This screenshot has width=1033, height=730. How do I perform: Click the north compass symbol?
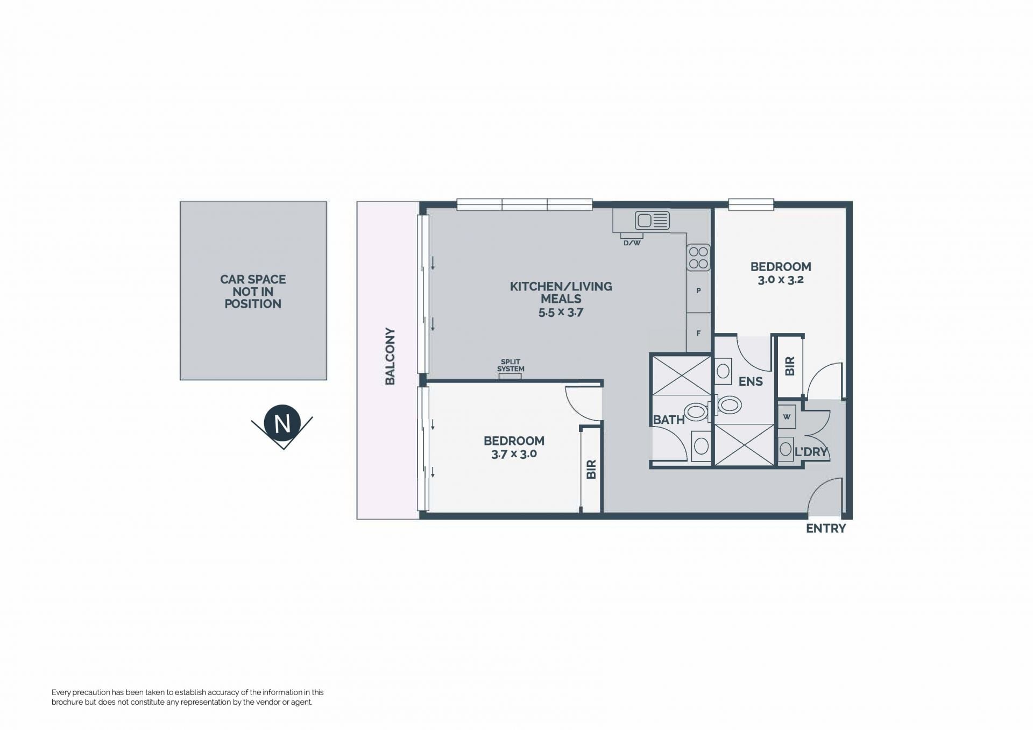click(282, 426)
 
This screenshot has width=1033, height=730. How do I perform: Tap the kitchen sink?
click(652, 221)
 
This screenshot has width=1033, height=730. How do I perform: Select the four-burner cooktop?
click(698, 258)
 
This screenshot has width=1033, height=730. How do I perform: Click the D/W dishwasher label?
click(632, 243)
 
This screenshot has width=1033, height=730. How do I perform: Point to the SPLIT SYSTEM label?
click(511, 365)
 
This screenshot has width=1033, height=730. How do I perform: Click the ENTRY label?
click(826, 529)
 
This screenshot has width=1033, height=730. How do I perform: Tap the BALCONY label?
click(390, 356)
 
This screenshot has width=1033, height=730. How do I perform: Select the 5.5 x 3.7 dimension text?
click(561, 312)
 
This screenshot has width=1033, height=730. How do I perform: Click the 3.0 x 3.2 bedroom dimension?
click(781, 280)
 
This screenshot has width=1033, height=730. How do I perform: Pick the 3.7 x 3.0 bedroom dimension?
click(514, 454)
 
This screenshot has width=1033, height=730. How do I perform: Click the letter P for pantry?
click(698, 291)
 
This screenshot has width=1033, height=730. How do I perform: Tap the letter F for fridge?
click(698, 334)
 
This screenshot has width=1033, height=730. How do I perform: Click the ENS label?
click(751, 381)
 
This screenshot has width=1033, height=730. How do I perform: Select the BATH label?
click(669, 420)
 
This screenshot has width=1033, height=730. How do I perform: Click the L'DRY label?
click(811, 452)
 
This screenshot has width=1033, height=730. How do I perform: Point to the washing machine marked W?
click(787, 417)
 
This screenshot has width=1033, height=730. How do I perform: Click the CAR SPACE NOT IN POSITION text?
click(253, 292)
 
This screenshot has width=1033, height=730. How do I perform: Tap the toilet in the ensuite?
click(727, 405)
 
